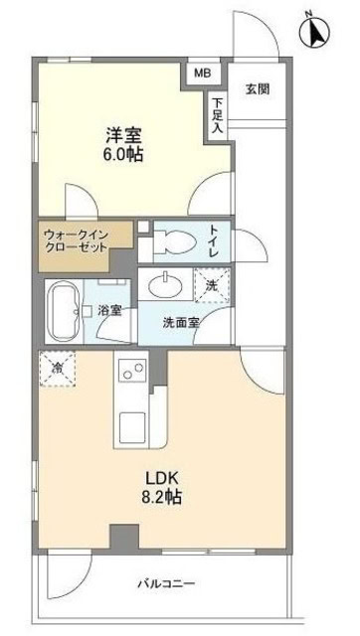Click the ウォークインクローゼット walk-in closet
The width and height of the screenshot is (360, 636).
85,244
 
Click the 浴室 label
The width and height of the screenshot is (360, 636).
110,310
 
